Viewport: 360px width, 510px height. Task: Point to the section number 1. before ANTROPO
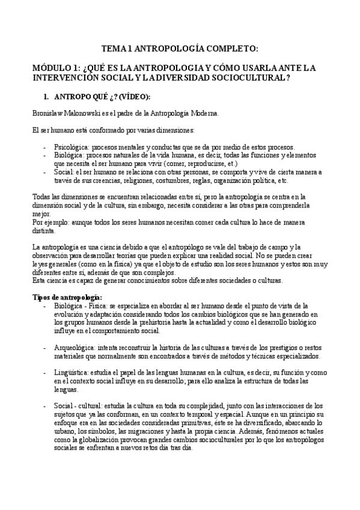45,97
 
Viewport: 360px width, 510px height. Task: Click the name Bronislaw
48,113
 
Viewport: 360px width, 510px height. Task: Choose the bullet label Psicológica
72,147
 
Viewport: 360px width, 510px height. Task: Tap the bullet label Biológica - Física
81,306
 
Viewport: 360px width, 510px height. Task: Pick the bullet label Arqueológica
75,348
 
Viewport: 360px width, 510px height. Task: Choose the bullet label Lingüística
72,373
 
